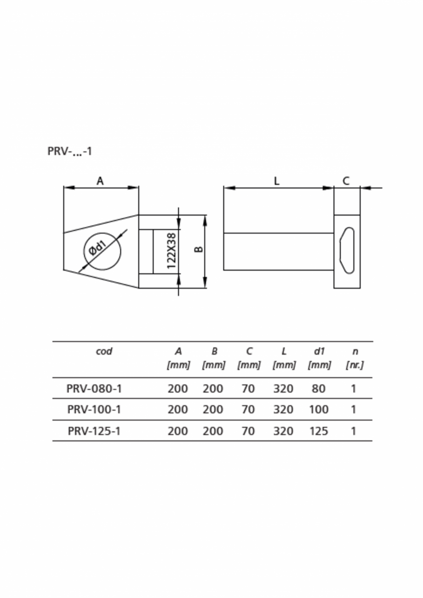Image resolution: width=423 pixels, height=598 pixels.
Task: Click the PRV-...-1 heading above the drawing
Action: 69,151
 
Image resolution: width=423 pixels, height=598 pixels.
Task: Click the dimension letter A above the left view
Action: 100,181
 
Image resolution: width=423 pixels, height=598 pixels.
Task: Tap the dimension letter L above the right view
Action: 276,181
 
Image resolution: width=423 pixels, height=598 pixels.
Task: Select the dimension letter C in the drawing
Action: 346,181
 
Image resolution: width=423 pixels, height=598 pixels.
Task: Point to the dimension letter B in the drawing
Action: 199,249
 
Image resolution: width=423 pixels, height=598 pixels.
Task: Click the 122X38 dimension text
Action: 171,251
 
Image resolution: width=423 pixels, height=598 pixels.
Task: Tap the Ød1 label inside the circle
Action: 98,248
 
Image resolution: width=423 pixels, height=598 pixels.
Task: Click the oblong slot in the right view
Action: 347,250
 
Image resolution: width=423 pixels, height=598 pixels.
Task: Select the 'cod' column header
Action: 104,352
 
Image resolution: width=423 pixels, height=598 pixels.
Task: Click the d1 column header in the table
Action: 319,352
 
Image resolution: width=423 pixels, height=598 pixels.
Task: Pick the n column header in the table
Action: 354,352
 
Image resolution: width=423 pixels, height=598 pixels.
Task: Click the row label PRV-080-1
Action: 94,389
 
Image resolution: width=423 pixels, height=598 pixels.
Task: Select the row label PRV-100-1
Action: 94,410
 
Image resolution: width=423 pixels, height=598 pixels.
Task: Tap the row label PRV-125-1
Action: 94,431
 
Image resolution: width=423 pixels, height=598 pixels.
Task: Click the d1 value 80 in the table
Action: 318,389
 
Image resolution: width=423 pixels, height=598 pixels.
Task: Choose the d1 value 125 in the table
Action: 319,431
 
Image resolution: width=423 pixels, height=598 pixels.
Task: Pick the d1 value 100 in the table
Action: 319,410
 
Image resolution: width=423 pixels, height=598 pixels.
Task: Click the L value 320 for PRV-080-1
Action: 283,389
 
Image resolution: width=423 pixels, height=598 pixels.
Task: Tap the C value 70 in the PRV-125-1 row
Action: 248,431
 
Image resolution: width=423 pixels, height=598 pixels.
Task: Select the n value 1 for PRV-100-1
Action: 354,410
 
